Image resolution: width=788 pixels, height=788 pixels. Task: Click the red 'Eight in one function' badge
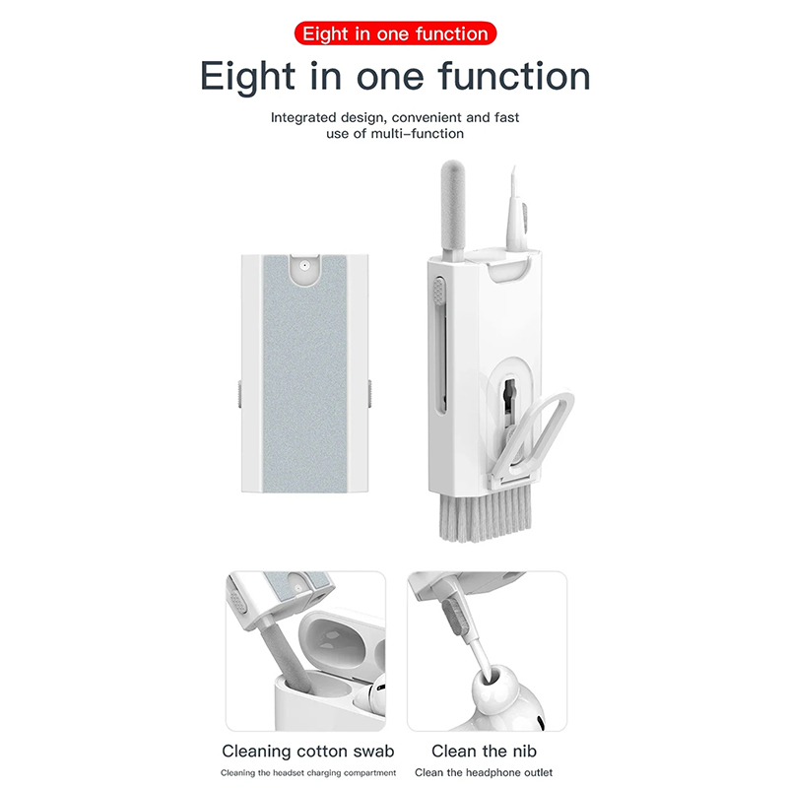click(x=395, y=33)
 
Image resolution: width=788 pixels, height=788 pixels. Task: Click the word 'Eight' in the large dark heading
click(x=247, y=77)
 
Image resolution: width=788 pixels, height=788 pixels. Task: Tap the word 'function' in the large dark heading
click(x=514, y=76)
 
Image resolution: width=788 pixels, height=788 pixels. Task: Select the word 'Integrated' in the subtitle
click(x=303, y=117)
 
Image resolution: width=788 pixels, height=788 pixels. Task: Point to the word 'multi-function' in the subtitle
click(x=417, y=134)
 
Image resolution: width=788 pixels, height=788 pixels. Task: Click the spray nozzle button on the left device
click(x=304, y=264)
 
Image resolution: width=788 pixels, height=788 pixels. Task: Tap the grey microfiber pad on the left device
click(x=304, y=373)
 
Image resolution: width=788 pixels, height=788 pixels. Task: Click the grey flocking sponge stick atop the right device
click(x=453, y=210)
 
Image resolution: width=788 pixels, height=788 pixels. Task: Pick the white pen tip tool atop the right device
click(x=516, y=210)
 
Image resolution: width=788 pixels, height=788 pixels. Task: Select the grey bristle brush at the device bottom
click(x=485, y=518)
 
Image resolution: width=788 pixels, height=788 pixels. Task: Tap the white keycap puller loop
click(x=534, y=437)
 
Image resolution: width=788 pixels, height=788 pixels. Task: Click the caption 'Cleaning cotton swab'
click(x=308, y=752)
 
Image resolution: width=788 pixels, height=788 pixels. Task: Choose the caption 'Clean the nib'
click(x=484, y=752)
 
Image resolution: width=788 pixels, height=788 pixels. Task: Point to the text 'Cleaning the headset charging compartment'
click(x=308, y=772)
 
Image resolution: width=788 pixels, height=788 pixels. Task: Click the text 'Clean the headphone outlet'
click(x=484, y=772)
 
